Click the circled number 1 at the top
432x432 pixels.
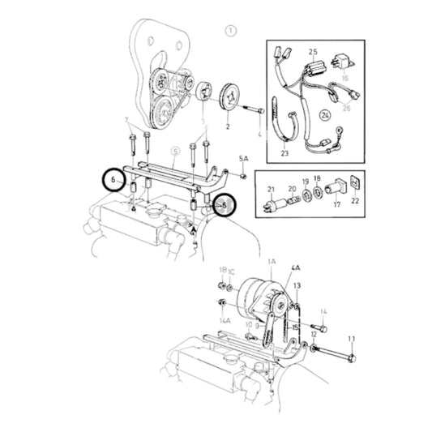click(x=231, y=32)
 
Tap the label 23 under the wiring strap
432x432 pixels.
click(x=284, y=151)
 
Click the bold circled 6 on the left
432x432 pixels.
click(x=113, y=178)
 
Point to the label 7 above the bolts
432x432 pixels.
click(x=126, y=121)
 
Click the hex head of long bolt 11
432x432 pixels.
click(x=352, y=357)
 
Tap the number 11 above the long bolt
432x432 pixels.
click(x=352, y=338)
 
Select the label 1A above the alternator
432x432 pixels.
click(x=272, y=263)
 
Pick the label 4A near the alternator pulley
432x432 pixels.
click(x=296, y=267)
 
